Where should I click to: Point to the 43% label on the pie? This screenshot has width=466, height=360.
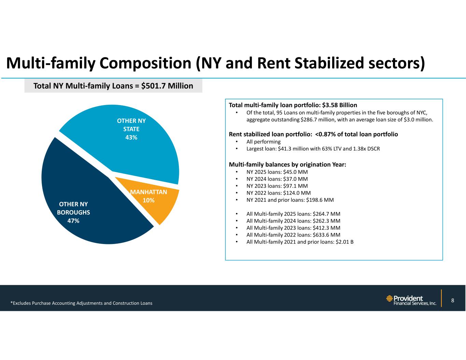coord(131,138)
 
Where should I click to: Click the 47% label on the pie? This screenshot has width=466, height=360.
coord(73,221)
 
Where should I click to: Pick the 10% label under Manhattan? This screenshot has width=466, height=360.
coord(149,200)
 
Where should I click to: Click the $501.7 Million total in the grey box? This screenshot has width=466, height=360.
coord(167,86)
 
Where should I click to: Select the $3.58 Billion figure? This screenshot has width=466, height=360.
coord(339,105)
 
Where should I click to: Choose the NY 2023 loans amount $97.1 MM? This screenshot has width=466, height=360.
coord(295,186)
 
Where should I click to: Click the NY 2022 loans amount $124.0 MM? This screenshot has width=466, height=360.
coord(297,193)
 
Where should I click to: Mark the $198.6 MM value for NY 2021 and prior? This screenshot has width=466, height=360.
coord(320,200)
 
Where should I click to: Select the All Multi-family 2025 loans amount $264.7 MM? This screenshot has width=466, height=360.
coord(326,214)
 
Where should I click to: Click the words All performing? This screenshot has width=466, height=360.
coord(264,142)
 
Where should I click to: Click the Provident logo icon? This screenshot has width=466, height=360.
coord(389,298)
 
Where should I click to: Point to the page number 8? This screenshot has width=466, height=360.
coord(452,300)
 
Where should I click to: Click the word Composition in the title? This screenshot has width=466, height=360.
coord(145,64)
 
